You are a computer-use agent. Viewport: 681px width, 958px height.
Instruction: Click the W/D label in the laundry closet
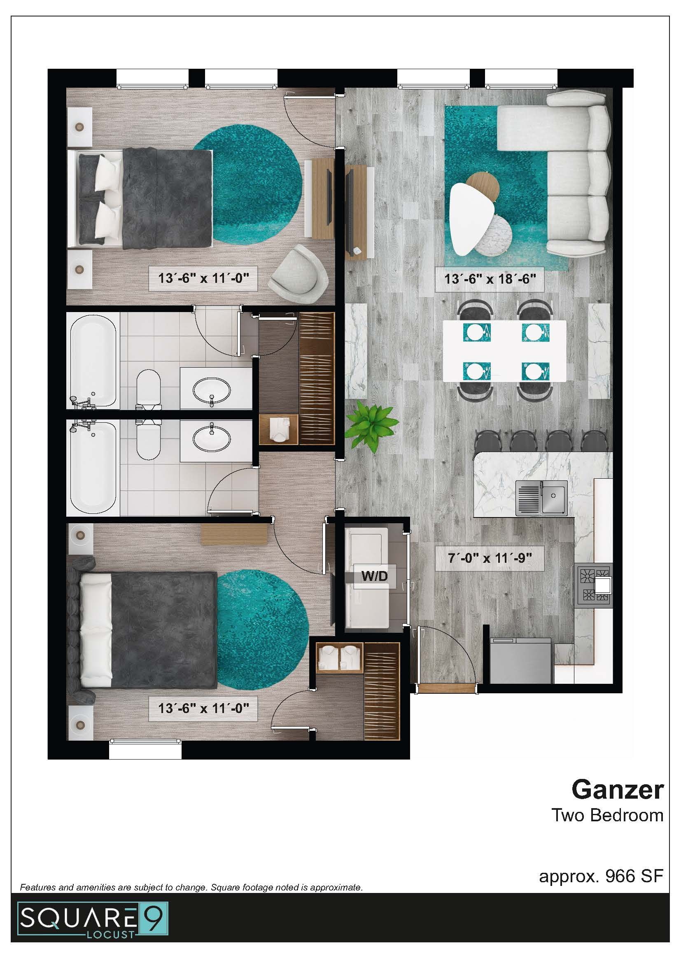point(374,576)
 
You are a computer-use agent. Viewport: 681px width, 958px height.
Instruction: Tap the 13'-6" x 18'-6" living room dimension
point(490,279)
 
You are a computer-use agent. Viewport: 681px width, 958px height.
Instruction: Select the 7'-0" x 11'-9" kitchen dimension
point(490,558)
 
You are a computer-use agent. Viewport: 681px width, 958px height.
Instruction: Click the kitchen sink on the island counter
point(541,498)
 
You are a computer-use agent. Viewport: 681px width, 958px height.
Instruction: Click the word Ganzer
point(617,790)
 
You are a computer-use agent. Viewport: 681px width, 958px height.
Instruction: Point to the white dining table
point(504,351)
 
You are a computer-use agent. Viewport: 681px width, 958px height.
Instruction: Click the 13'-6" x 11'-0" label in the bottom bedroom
point(203,708)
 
